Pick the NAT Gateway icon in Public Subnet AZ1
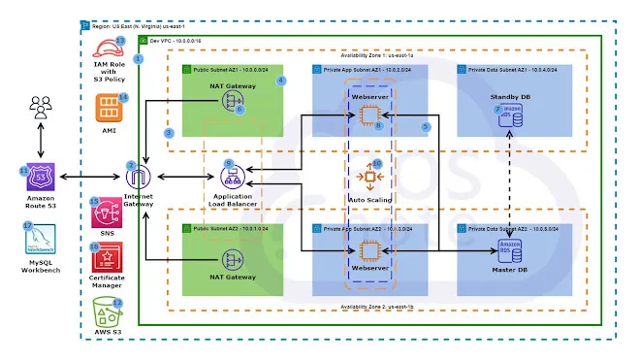coord(232,100)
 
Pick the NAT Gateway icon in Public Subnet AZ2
coord(232,259)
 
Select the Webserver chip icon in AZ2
coord(368,247)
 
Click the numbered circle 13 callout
coord(120,40)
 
